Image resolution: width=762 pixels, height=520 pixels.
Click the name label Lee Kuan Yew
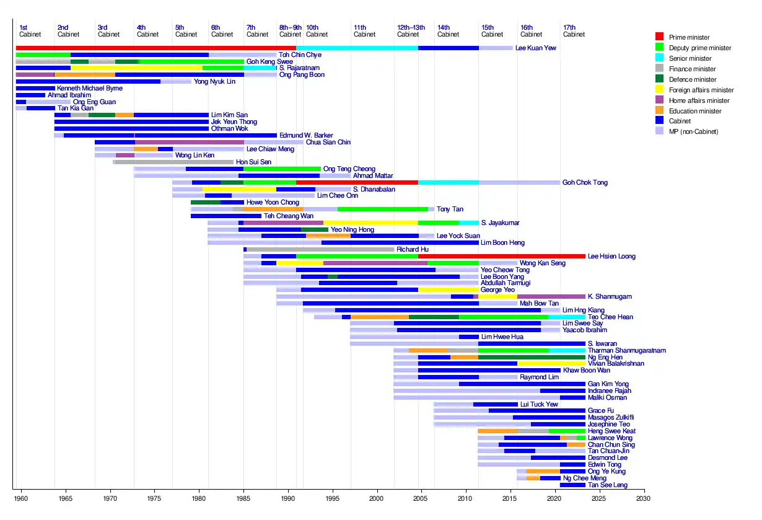(536, 48)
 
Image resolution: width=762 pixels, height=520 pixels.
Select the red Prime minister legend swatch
(659, 37)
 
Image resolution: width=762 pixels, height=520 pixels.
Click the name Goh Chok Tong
(585, 183)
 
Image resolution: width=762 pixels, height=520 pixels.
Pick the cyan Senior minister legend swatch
(659, 58)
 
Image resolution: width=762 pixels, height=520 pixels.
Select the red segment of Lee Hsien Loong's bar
(501, 256)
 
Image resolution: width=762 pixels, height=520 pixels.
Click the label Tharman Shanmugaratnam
(626, 350)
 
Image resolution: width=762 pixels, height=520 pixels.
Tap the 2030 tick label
(644, 498)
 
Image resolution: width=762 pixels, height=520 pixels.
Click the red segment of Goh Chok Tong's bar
(357, 182)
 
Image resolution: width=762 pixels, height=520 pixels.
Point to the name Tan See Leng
(607, 485)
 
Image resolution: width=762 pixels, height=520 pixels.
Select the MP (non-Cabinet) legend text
(689, 131)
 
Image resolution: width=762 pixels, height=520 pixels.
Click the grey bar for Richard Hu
(320, 249)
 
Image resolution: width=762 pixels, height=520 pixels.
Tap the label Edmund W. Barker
(306, 135)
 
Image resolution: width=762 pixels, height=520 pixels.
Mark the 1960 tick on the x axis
(21, 498)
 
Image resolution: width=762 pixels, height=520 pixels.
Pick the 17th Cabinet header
(574, 31)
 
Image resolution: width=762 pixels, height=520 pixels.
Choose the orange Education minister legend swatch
(659, 111)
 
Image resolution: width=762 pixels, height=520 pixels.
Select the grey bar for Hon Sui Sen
(173, 162)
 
